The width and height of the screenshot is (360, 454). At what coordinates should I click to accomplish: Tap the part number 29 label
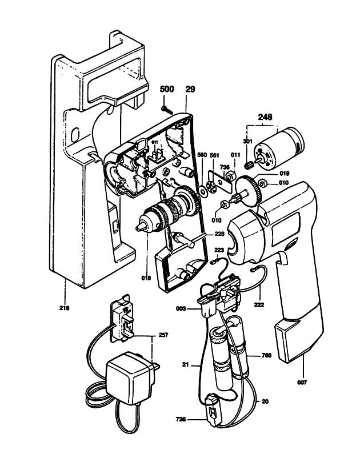tap(191, 90)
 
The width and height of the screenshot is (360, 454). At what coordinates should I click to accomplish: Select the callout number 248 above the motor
tap(265, 118)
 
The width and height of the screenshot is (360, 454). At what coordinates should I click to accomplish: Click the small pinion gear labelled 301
tap(249, 166)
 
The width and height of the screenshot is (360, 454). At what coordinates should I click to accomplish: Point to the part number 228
tap(219, 234)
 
